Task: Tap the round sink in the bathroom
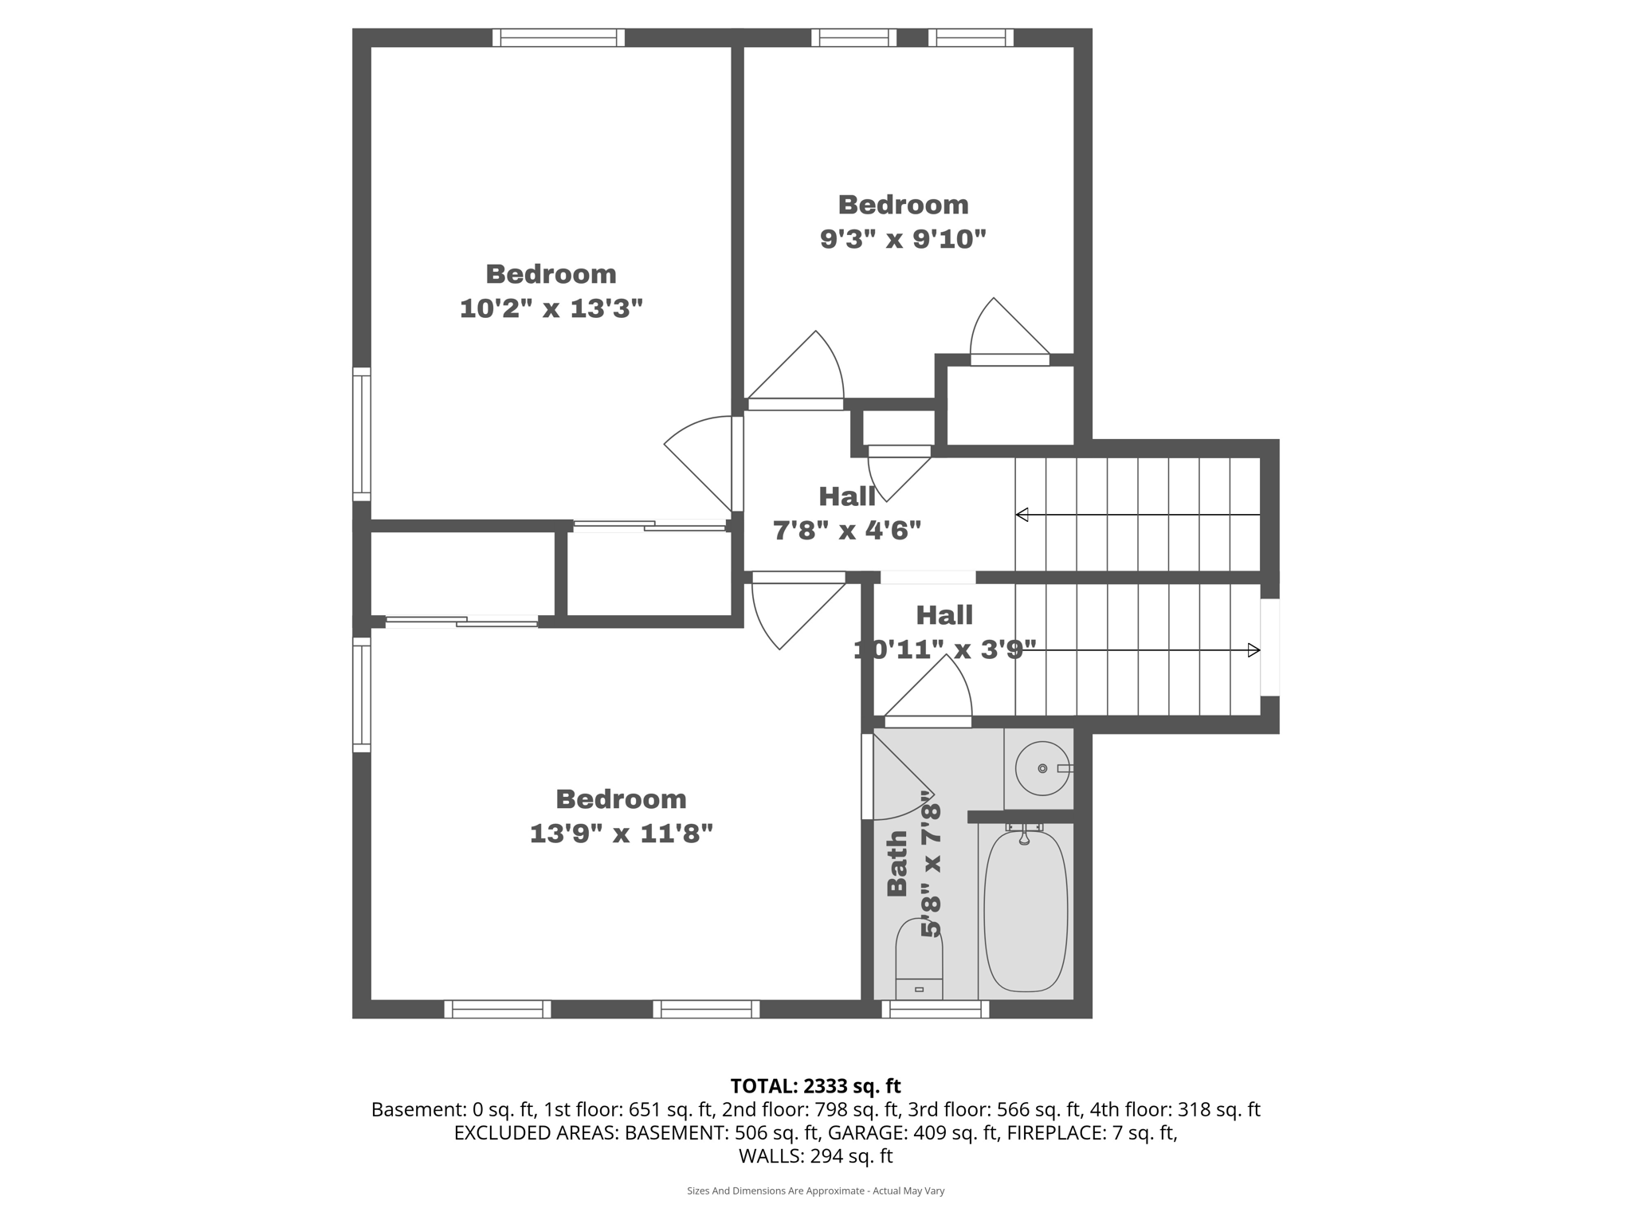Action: coord(1042,768)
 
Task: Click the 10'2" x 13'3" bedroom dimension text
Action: coord(551,308)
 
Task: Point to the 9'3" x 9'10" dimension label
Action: coord(903,238)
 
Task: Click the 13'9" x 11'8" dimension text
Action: coord(621,834)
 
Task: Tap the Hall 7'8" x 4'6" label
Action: coord(847,513)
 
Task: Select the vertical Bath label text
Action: coord(898,863)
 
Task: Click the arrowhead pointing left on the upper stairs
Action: coord(1022,515)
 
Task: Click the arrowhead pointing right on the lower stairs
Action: coord(1253,650)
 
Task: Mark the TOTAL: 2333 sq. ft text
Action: coord(815,1086)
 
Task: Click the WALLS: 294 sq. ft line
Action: coord(815,1155)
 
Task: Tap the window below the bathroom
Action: coord(936,1010)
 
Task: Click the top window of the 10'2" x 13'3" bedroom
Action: coord(558,37)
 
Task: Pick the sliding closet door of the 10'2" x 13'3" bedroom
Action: coord(649,525)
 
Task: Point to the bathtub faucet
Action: coord(1025,836)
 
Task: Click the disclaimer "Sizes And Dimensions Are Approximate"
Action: coord(815,1191)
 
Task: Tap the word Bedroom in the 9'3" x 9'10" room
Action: coord(903,205)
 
